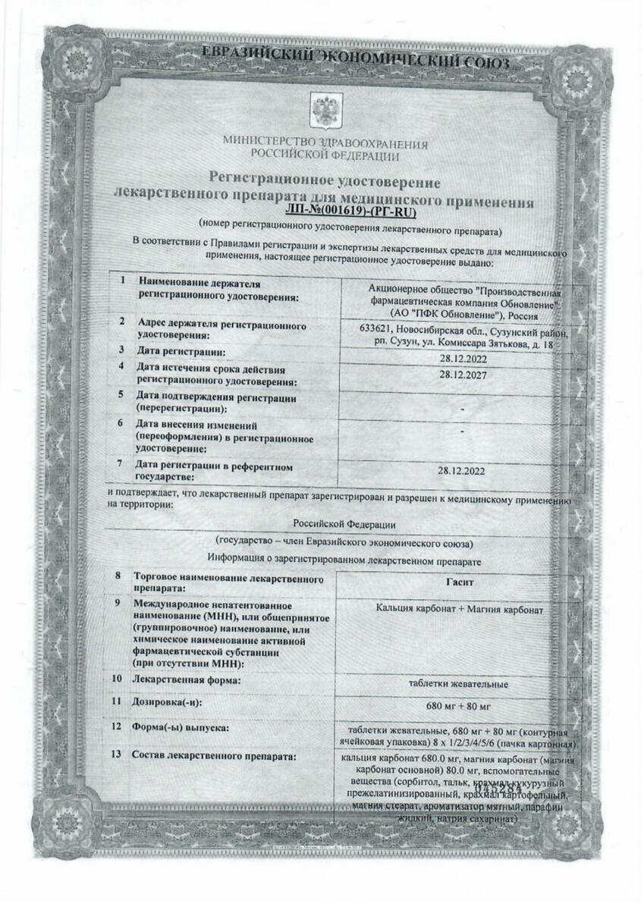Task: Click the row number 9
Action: [x=118, y=604]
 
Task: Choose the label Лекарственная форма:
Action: [x=187, y=679]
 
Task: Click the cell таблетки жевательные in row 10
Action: [x=459, y=685]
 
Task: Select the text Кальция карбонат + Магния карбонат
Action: [x=460, y=609]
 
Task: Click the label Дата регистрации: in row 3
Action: [x=181, y=352]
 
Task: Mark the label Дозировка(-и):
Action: [x=169, y=703]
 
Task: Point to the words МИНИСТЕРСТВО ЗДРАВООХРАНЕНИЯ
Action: [x=325, y=144]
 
